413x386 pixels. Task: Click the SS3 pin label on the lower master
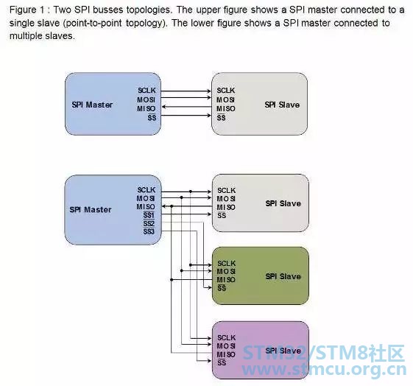click(x=149, y=232)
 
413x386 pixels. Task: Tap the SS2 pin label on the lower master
click(x=149, y=224)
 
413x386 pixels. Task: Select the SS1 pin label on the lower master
click(x=149, y=215)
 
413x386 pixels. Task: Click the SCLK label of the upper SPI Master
click(x=147, y=91)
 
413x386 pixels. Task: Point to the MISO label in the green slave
click(x=226, y=279)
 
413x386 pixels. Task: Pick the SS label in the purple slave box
click(x=222, y=362)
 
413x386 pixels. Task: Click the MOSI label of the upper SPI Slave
click(x=225, y=100)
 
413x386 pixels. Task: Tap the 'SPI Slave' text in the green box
click(x=283, y=276)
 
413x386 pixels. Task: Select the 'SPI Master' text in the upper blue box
click(x=92, y=105)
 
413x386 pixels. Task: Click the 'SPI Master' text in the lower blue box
click(x=91, y=210)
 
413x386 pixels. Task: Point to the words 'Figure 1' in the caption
click(x=23, y=10)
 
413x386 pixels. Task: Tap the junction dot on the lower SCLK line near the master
click(x=191, y=192)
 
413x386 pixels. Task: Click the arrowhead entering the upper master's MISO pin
click(x=164, y=107)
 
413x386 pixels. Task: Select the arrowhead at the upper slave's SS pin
click(x=209, y=115)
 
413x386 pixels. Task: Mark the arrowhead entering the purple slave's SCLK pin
click(x=209, y=338)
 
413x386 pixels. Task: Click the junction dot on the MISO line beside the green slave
click(x=172, y=279)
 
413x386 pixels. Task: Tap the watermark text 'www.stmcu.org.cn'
click(x=324, y=369)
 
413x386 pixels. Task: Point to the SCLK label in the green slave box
click(x=227, y=263)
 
